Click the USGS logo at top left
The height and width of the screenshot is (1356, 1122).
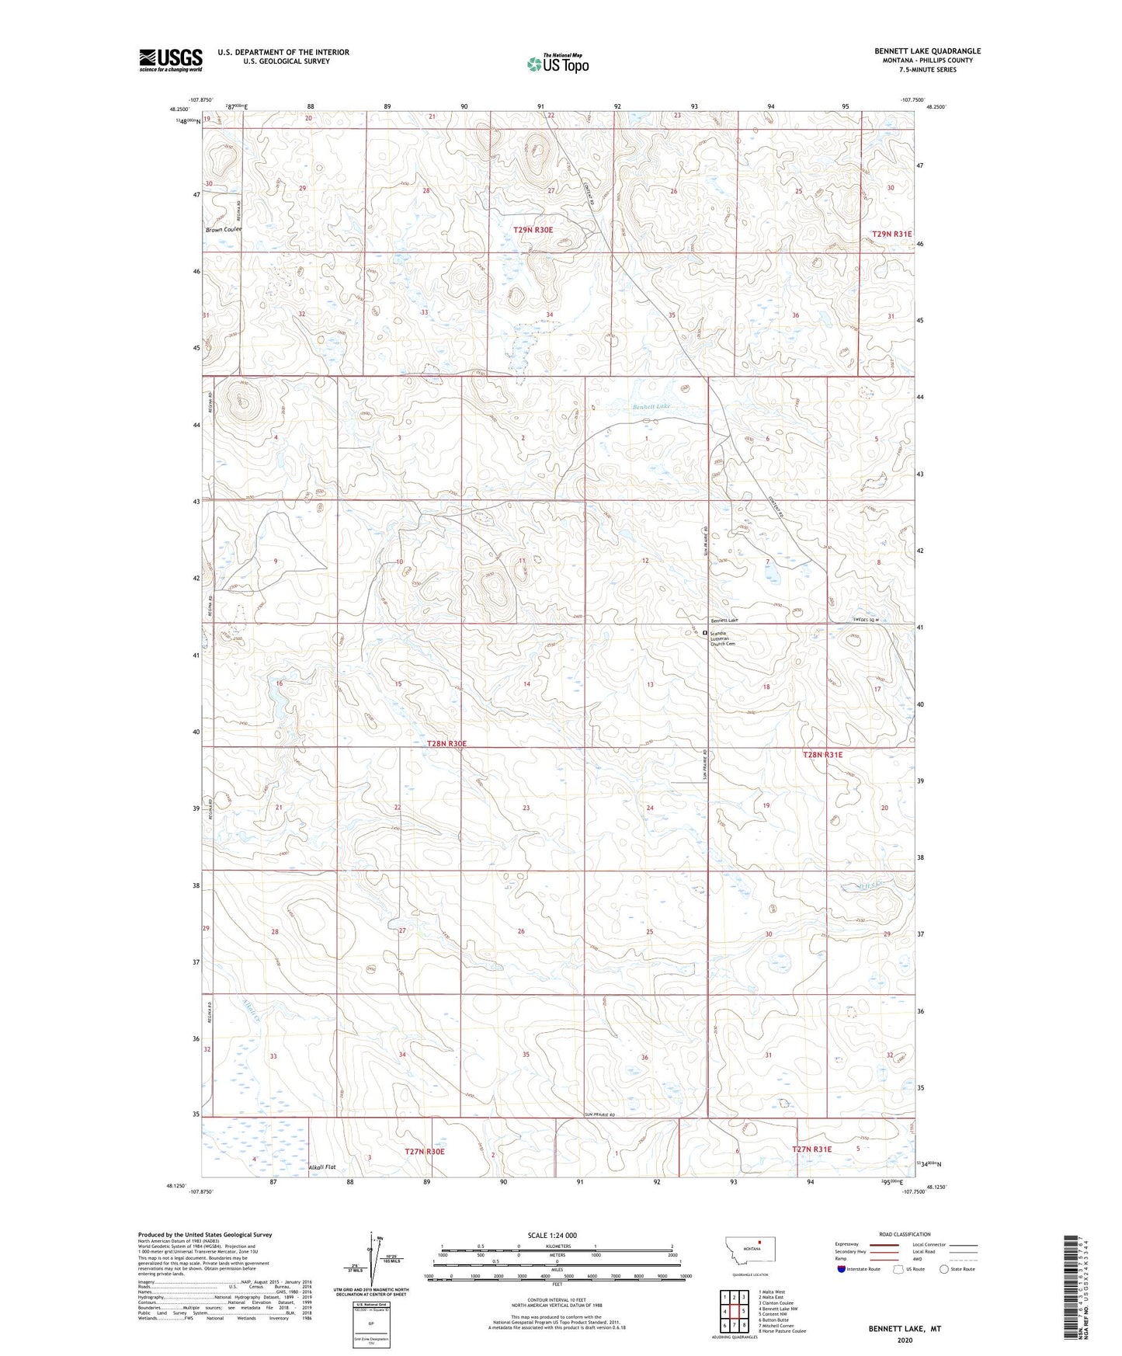click(x=171, y=60)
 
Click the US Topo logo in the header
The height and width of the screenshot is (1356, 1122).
click(x=558, y=64)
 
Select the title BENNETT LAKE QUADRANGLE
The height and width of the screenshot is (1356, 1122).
click(x=927, y=51)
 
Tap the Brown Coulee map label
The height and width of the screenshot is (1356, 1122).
click(x=224, y=230)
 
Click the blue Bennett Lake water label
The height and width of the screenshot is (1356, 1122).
click(x=651, y=406)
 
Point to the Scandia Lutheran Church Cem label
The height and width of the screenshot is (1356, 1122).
click(x=723, y=638)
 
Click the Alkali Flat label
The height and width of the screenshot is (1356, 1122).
click(x=322, y=1167)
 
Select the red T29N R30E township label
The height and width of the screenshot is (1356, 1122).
click(x=533, y=230)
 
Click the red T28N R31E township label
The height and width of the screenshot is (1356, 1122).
click(x=822, y=754)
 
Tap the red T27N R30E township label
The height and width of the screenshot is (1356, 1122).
click(x=425, y=1151)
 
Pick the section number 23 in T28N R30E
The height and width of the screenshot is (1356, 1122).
click(x=526, y=808)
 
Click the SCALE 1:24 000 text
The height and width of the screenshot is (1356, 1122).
click(x=551, y=1236)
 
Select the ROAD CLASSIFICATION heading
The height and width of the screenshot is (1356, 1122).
click(x=905, y=1234)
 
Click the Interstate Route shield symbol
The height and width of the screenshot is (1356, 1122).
click(x=842, y=1269)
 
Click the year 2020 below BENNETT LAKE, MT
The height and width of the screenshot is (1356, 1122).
click(x=904, y=1340)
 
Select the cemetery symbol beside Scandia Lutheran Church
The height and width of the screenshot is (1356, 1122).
click(x=705, y=633)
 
